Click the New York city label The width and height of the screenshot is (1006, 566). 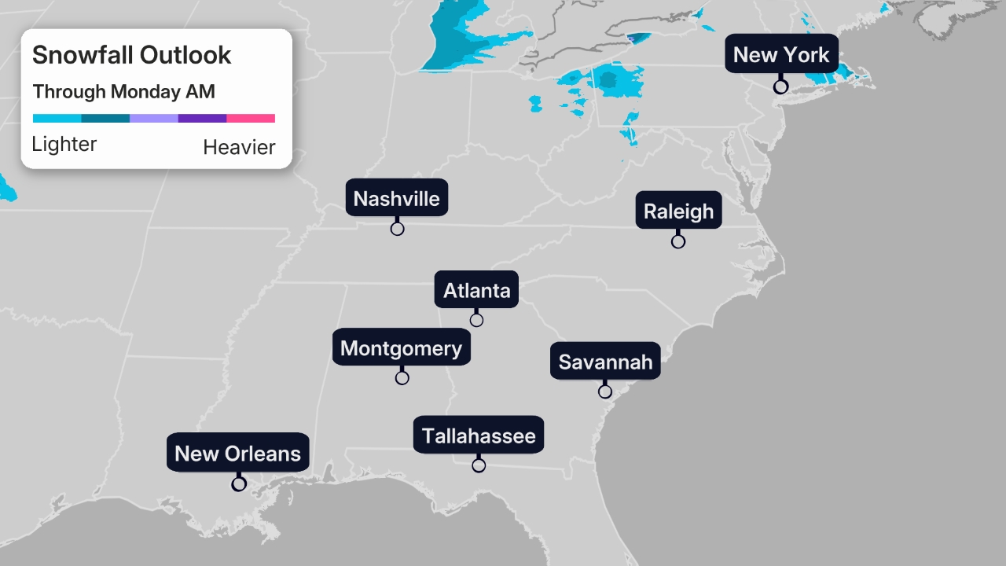tap(781, 54)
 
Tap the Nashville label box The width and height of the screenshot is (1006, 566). tap(396, 198)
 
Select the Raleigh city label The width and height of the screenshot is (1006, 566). tap(678, 211)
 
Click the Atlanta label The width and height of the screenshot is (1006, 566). tap(476, 290)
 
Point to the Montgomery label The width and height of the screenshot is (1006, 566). tap(401, 347)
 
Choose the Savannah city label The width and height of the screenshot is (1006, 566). tap(605, 362)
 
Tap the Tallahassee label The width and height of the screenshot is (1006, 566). tap(479, 436)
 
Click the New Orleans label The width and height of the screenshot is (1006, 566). tap(237, 453)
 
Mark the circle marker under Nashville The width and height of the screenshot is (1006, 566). tap(397, 229)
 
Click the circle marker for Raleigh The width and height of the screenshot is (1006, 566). tap(678, 241)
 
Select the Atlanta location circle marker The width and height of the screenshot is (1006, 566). tap(476, 320)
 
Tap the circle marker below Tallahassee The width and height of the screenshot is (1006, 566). tap(479, 465)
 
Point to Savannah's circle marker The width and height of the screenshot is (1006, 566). tap(605, 391)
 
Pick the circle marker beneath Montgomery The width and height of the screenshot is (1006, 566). tap(402, 378)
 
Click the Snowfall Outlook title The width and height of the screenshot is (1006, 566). tap(131, 55)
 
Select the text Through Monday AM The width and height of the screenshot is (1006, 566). tap(123, 92)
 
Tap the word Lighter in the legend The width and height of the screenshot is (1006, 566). tap(64, 144)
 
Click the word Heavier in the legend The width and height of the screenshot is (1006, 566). tap(239, 147)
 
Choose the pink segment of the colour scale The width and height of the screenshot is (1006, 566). tap(251, 119)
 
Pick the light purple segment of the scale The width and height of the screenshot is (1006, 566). tap(153, 119)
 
